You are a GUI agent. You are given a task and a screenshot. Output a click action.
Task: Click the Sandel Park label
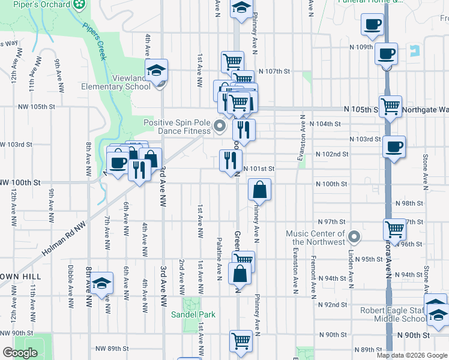[x=184, y=314]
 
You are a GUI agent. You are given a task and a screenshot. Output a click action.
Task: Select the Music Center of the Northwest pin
[x=355, y=236]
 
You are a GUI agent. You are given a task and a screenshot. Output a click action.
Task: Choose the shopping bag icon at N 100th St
[x=259, y=190]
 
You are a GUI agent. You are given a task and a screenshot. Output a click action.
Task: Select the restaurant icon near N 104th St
[x=244, y=129]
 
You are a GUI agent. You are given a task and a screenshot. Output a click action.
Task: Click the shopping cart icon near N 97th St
[x=394, y=229]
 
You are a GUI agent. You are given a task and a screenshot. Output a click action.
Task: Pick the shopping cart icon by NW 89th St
[x=241, y=340]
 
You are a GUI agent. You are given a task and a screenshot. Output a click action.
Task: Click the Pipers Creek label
[x=94, y=42]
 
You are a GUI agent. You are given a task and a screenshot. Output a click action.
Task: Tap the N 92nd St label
[x=335, y=305]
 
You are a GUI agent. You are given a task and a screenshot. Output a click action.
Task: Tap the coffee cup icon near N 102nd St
[x=394, y=146]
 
